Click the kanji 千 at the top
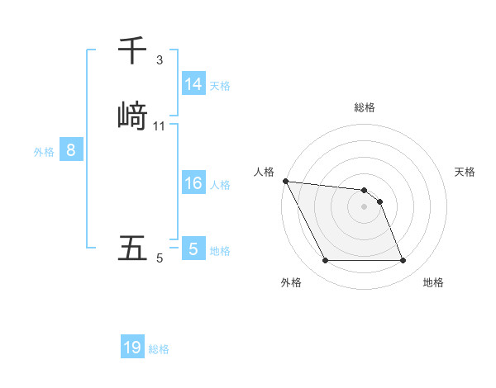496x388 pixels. click(132, 51)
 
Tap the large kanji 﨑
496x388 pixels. click(133, 114)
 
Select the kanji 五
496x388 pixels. click(132, 248)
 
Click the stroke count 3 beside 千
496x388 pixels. click(160, 60)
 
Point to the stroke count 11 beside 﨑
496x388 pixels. click(160, 126)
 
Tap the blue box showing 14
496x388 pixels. click(193, 84)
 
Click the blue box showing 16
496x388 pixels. click(193, 183)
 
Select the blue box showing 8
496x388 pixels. click(71, 150)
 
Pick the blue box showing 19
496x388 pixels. click(132, 348)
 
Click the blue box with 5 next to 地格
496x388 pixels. click(193, 248)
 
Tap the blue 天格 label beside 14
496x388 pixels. click(220, 85)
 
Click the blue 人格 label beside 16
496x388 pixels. click(220, 184)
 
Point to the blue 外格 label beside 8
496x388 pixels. click(44, 151)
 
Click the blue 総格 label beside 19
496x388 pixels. click(159, 348)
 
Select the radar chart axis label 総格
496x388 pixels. click(365, 107)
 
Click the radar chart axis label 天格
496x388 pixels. click(465, 172)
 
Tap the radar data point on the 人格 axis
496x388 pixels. click(285, 181)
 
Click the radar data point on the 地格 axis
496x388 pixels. click(403, 261)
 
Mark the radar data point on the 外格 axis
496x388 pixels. click(325, 261)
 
